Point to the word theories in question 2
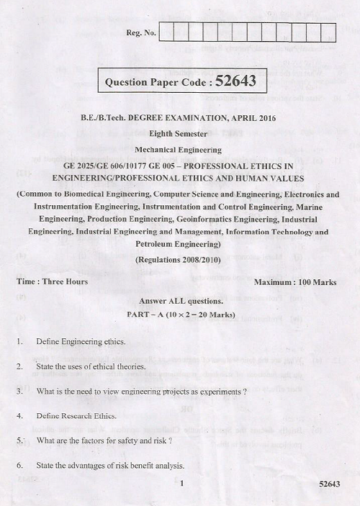coord(118,366)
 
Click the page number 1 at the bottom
coord(184,484)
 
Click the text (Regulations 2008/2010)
coord(180,258)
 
